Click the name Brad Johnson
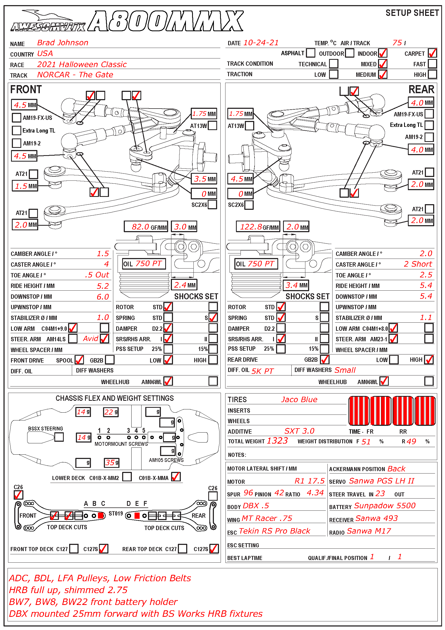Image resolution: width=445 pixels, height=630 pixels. (62, 43)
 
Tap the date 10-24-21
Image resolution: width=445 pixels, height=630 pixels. (261, 43)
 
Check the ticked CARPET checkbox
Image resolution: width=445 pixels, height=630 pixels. (432, 53)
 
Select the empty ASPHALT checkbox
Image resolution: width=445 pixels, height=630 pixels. (310, 53)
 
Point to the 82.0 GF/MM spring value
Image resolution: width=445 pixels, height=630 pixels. (146, 227)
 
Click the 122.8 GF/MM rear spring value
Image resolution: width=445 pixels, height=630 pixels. (258, 227)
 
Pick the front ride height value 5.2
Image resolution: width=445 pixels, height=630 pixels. (103, 286)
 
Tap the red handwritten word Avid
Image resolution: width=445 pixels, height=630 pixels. (91, 339)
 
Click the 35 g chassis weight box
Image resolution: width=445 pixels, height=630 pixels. (112, 463)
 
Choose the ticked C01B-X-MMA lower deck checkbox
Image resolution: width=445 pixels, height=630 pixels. (176, 477)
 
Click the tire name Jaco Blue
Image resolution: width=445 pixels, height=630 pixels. (299, 399)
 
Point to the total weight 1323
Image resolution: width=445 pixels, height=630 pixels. (277, 441)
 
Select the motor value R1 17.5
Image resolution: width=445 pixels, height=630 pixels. (309, 481)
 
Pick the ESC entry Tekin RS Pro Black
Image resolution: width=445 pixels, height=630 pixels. (274, 531)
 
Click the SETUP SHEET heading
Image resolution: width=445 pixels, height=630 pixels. (412, 13)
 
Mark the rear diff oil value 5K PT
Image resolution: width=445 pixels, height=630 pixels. (263, 371)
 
